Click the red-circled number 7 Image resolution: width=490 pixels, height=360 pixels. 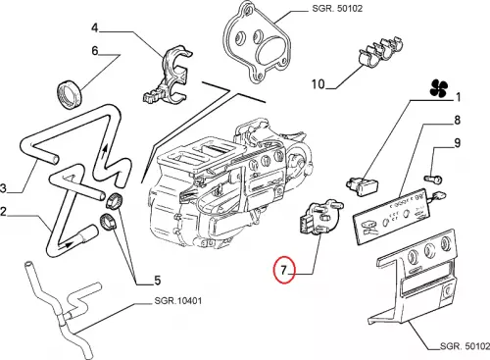click(283, 271)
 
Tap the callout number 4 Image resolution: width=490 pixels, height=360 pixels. click(95, 27)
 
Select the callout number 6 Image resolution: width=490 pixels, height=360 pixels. click(95, 51)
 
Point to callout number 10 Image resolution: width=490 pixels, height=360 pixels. click(318, 84)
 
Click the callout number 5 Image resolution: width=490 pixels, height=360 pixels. click(158, 281)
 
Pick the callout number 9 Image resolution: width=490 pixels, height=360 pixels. click(458, 143)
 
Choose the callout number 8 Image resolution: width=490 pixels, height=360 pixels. click(458, 120)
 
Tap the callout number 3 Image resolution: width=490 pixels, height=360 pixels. click(3, 188)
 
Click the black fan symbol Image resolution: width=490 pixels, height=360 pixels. click(439, 88)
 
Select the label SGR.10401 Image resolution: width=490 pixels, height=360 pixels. click(178, 300)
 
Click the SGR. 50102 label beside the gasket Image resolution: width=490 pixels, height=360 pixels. click(337, 8)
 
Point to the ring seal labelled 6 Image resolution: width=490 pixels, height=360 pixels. click(69, 94)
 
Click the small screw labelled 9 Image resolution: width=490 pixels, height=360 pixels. click(433, 179)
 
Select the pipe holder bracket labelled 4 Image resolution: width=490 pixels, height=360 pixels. click(167, 76)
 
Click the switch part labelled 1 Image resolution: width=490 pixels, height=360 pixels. click(363, 186)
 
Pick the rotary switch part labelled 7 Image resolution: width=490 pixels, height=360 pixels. click(319, 218)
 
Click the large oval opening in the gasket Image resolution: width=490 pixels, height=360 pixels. click(271, 49)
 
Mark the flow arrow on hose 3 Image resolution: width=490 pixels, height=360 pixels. click(105, 152)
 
